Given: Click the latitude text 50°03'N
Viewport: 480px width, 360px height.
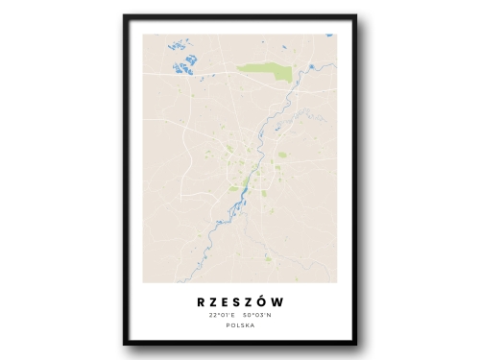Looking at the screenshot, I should (256, 315).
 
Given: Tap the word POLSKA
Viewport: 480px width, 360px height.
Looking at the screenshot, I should (239, 326).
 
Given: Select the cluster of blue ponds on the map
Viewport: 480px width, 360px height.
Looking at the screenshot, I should (184, 64).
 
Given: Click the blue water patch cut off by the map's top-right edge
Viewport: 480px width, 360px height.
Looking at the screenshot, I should (328, 36).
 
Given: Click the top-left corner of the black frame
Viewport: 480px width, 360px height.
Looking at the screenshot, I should (125, 16).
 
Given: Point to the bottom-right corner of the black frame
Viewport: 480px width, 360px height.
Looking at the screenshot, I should (355, 343).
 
